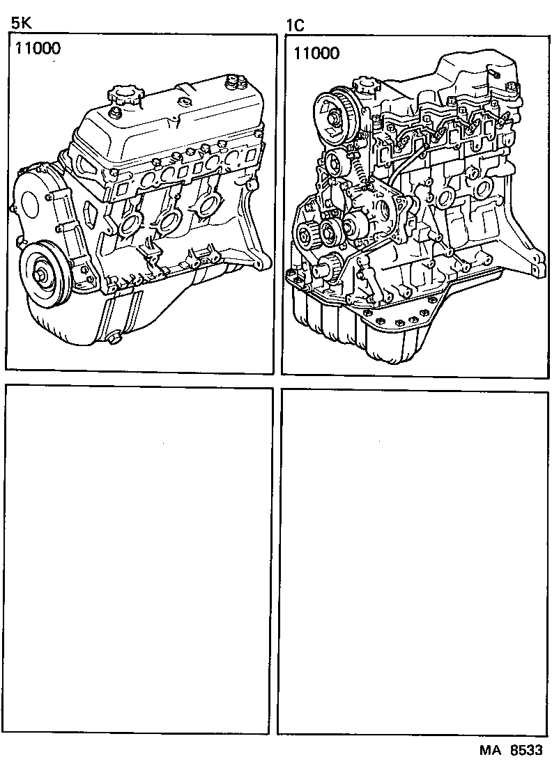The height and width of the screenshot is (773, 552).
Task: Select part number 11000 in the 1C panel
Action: [316, 52]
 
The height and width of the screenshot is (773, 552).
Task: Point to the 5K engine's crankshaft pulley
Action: [44, 273]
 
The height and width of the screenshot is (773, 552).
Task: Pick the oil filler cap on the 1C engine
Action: [366, 88]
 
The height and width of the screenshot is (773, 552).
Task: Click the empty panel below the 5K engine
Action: [139, 561]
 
